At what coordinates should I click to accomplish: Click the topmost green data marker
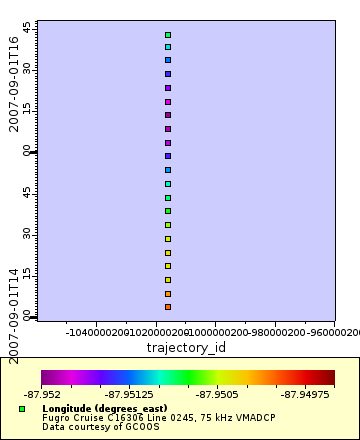point(168,35)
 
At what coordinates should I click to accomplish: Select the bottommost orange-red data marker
point(168,307)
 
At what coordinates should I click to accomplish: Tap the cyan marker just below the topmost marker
point(168,47)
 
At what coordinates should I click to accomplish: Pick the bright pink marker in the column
point(168,102)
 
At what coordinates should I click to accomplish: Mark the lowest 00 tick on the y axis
point(27,315)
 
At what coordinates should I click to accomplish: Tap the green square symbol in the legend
point(22,409)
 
